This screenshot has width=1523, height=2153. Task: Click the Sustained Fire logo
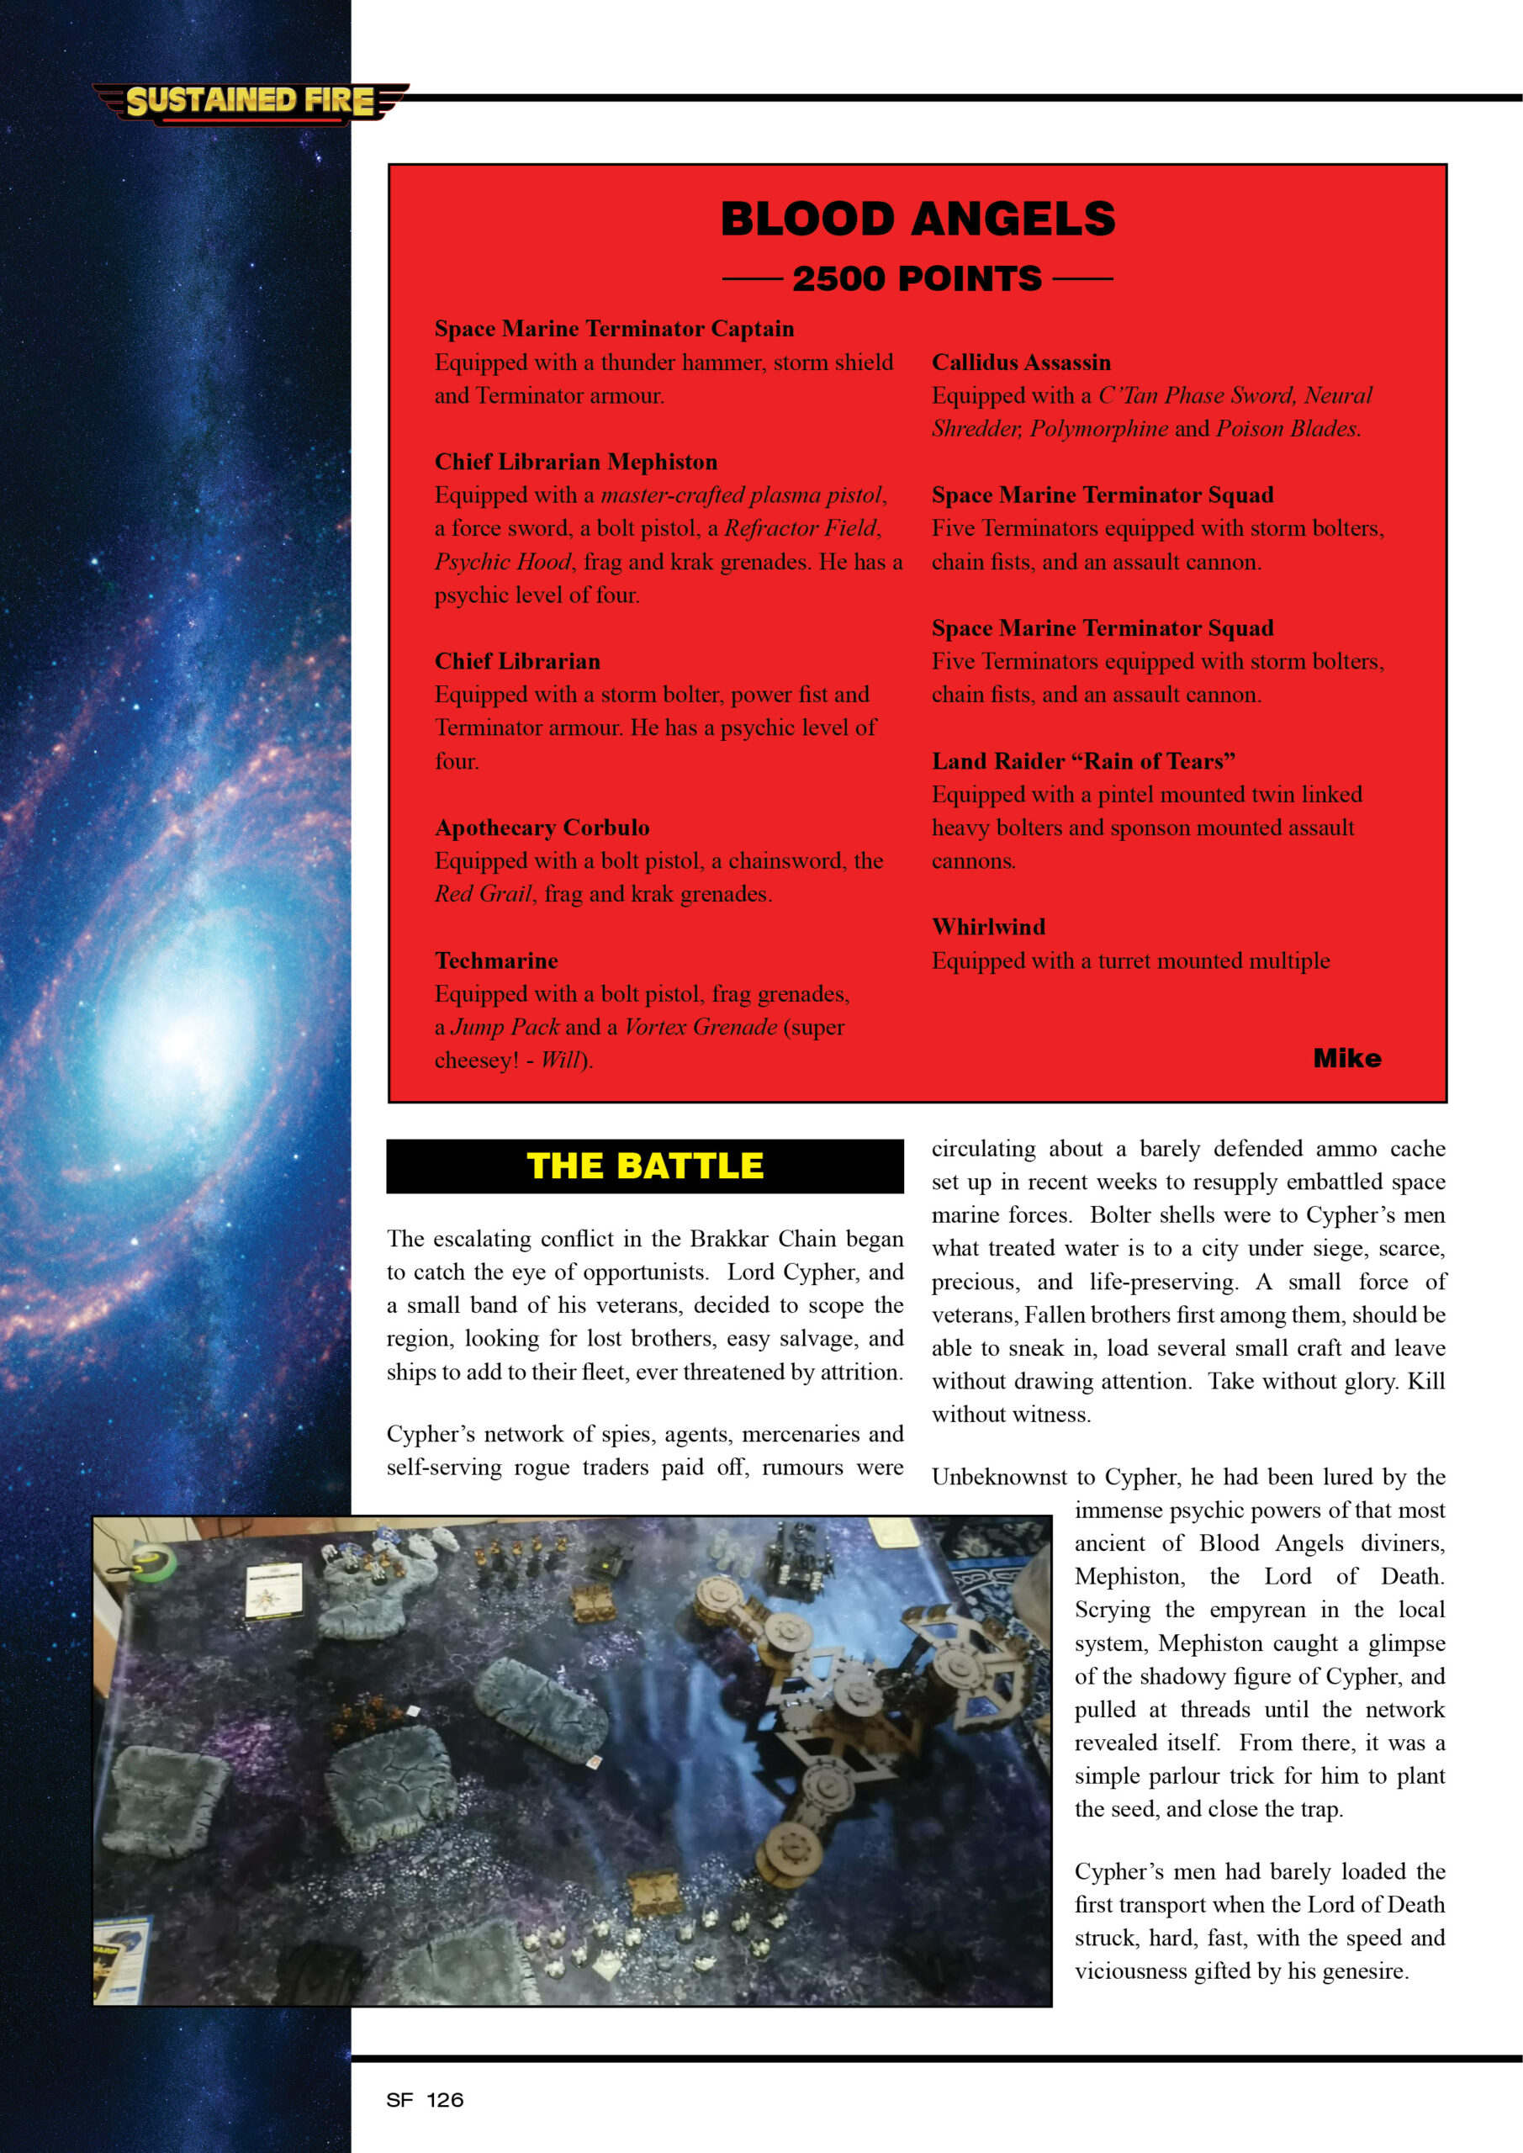click(251, 101)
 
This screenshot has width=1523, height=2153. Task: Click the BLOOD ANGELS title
click(918, 220)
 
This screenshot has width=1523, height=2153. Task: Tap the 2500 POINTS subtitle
click(918, 278)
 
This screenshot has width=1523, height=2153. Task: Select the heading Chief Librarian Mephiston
click(576, 462)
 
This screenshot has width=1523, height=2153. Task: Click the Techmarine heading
click(496, 960)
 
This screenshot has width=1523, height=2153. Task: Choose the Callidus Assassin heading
click(1021, 362)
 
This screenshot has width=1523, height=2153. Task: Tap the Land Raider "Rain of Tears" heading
click(1083, 760)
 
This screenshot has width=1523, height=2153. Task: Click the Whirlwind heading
click(988, 927)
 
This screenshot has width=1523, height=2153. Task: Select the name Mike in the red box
click(1346, 1058)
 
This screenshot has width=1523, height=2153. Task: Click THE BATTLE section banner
click(645, 1166)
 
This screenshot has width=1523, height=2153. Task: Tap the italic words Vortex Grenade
click(701, 1027)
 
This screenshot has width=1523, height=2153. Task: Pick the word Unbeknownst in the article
click(999, 1477)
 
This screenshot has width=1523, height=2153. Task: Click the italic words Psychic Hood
click(503, 562)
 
